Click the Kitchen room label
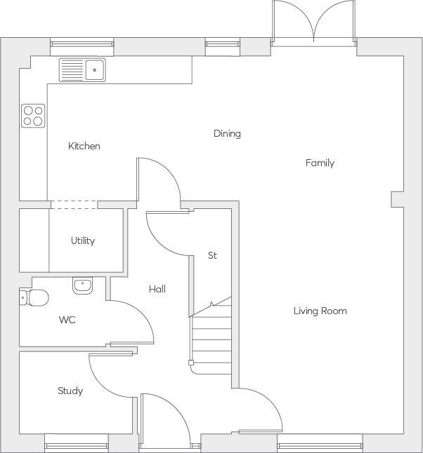coord(84,146)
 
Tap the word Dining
coord(227,133)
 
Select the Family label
coord(320,163)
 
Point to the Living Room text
coord(320,311)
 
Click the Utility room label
coord(82,241)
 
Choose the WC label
coord(67,320)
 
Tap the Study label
coord(70,391)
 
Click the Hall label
coord(157,288)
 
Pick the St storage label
coord(212,255)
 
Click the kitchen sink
coord(82,69)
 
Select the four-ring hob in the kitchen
coord(32,115)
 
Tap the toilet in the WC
coord(34,297)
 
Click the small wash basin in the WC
coord(82,285)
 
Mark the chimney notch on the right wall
coord(398,200)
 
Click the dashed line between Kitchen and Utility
coord(74,204)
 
